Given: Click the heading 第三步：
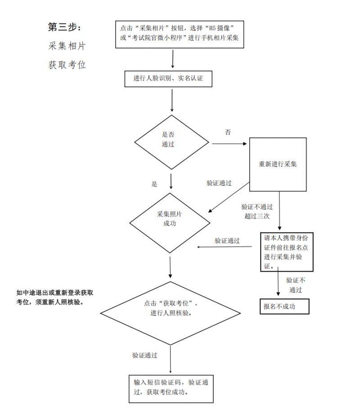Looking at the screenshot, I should (65, 27).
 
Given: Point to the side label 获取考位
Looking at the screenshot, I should (67, 65).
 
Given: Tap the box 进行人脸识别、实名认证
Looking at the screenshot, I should (168, 78).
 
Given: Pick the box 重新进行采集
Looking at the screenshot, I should (278, 164).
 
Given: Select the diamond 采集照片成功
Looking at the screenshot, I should (170, 219).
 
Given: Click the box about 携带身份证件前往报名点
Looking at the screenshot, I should (287, 252).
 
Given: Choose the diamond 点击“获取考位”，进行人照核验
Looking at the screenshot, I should (171, 309).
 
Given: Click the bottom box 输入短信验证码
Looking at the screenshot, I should (171, 387).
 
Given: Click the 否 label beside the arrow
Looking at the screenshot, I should (228, 133).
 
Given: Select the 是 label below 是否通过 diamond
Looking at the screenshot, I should (154, 184).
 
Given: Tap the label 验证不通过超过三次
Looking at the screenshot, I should (256, 211).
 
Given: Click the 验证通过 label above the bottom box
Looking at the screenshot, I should (144, 355).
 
